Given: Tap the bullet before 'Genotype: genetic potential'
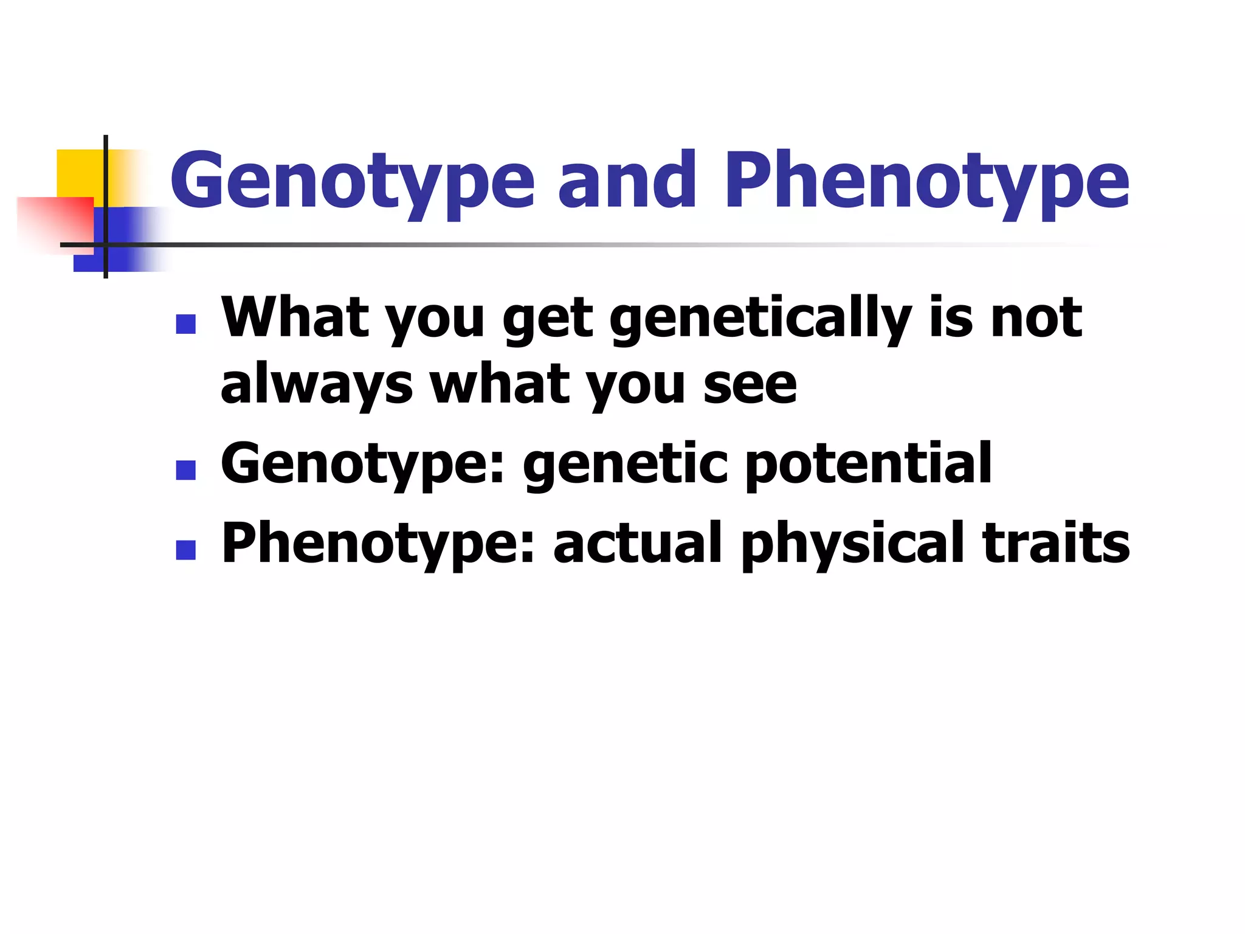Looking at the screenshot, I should pos(185,470).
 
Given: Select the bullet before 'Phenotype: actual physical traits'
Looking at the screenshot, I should pos(185,550).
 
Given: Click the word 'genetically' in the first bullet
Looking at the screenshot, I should pos(760,319).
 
